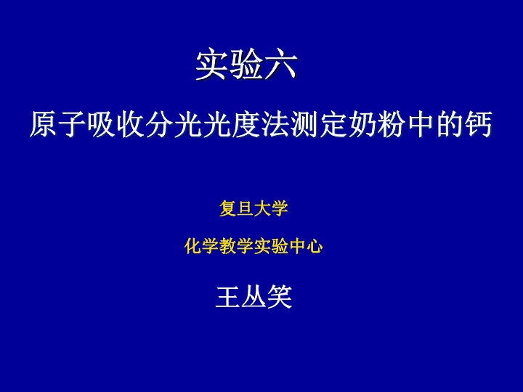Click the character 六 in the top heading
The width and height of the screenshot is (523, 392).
coord(281,65)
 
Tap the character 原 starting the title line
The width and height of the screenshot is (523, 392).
coord(44,124)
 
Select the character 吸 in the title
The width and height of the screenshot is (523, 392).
coord(102,124)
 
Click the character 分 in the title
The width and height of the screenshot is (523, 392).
coord(159,124)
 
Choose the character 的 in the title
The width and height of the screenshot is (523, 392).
coord(450,124)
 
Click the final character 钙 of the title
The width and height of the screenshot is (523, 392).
coord(478,124)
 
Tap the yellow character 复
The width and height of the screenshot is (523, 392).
coord(227,208)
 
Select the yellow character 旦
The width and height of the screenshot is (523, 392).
coord(245,208)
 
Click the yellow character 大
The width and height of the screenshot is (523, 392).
coord(262,208)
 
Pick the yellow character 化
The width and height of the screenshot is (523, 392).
coord(192,246)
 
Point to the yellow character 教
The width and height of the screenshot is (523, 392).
coord(227,246)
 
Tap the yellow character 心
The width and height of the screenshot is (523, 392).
coord(315,246)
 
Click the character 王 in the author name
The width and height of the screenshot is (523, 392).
coord(228,297)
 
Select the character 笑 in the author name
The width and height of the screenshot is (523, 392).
coord(280,297)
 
